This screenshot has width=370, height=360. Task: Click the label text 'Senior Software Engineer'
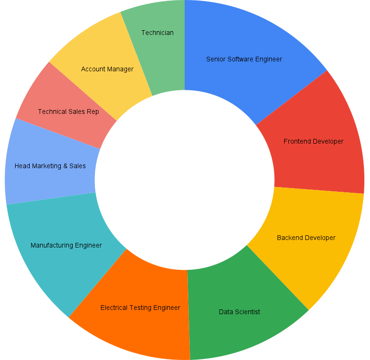[x=244, y=59]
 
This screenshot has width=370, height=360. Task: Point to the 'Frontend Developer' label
[x=313, y=141]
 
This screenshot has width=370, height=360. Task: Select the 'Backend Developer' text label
[x=306, y=238]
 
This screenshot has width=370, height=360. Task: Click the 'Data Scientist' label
[x=239, y=312]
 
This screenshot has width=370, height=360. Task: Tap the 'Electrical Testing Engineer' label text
[x=140, y=308]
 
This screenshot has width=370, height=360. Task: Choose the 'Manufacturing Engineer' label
[x=66, y=245]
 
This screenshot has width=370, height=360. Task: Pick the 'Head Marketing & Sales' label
[x=50, y=166]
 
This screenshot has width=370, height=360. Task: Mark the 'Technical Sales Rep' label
[x=68, y=111]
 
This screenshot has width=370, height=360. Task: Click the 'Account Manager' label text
[x=107, y=69]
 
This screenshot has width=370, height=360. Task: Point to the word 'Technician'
[x=157, y=33]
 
